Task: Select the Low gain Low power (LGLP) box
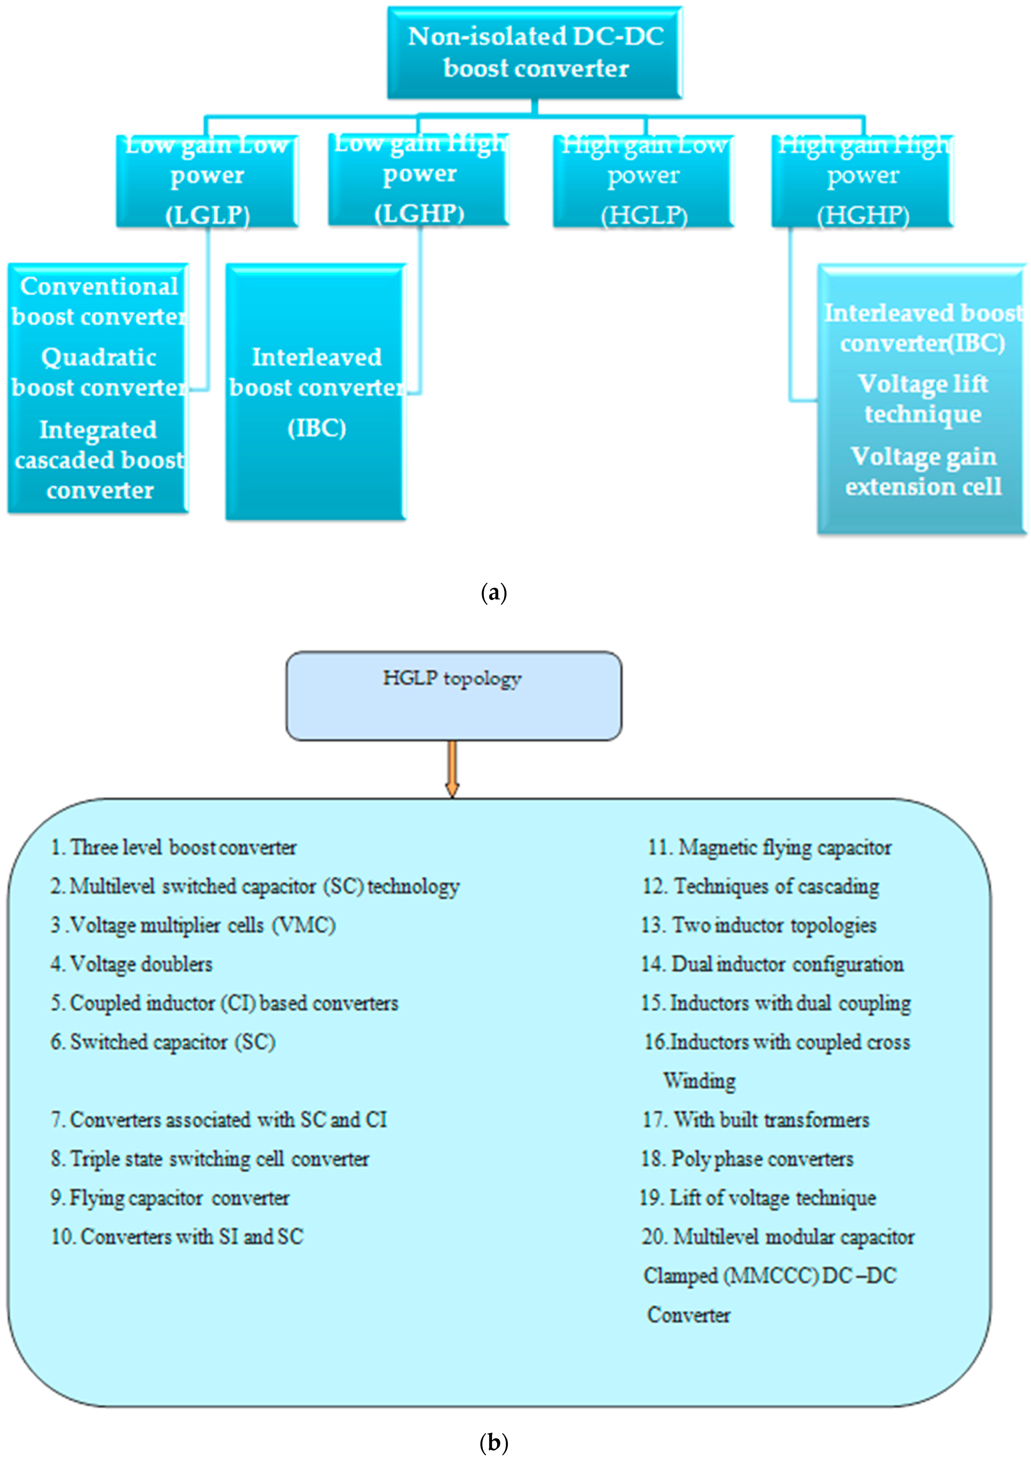[x=207, y=181]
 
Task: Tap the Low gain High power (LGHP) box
[x=419, y=180]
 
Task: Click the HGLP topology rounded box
[x=453, y=695]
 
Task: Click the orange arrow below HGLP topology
[x=452, y=768]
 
